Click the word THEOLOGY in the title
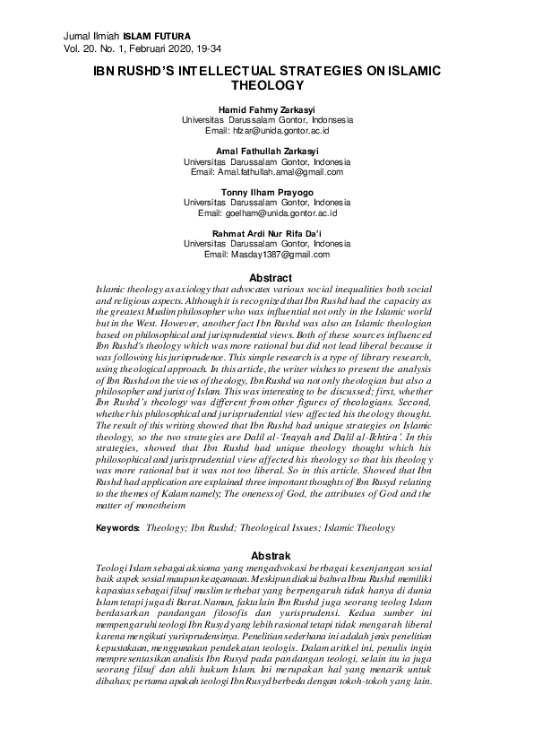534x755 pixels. pos(268,85)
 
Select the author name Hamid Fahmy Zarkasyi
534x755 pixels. pos(268,109)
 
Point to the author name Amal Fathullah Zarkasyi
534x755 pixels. pos(267,152)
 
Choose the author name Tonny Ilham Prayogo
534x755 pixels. pos(267,193)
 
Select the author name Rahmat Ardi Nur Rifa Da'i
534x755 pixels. pos(267,234)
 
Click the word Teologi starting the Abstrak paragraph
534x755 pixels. pos(114,569)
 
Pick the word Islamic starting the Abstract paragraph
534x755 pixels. pos(112,291)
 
